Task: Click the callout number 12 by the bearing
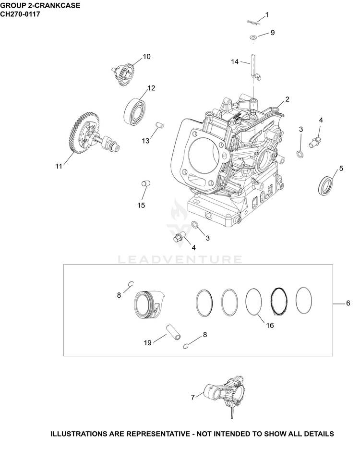pos(151,88)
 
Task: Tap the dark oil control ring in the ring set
pos(278,301)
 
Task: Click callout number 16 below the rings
pos(270,325)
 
